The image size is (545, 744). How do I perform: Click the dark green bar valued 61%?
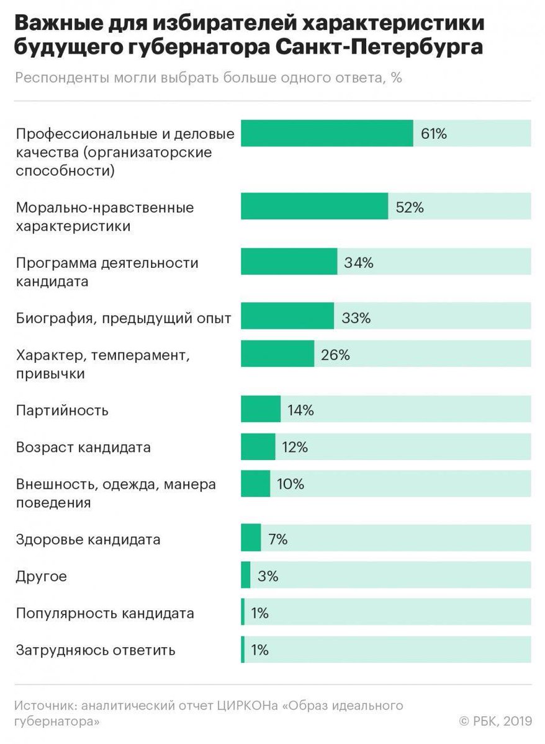(327, 133)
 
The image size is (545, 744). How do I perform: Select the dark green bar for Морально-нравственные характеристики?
(314, 206)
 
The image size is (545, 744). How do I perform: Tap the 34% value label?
(359, 262)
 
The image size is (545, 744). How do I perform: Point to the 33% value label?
(356, 318)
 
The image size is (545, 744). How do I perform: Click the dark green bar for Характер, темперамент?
(277, 354)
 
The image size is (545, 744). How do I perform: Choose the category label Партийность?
(62, 410)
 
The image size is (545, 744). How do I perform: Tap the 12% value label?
(294, 447)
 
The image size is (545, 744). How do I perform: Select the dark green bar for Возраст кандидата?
(258, 447)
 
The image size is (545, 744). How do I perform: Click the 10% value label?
(291, 484)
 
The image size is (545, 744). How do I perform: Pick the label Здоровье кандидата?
(88, 539)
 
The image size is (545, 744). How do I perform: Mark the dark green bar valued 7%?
(251, 538)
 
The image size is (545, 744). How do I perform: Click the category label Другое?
(41, 577)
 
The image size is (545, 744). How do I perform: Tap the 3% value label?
(268, 576)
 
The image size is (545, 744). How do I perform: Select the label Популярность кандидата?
(105, 614)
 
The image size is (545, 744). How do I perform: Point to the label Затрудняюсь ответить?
(96, 650)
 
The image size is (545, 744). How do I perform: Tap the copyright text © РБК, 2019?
(495, 720)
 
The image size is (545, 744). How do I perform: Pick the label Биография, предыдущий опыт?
(124, 319)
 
